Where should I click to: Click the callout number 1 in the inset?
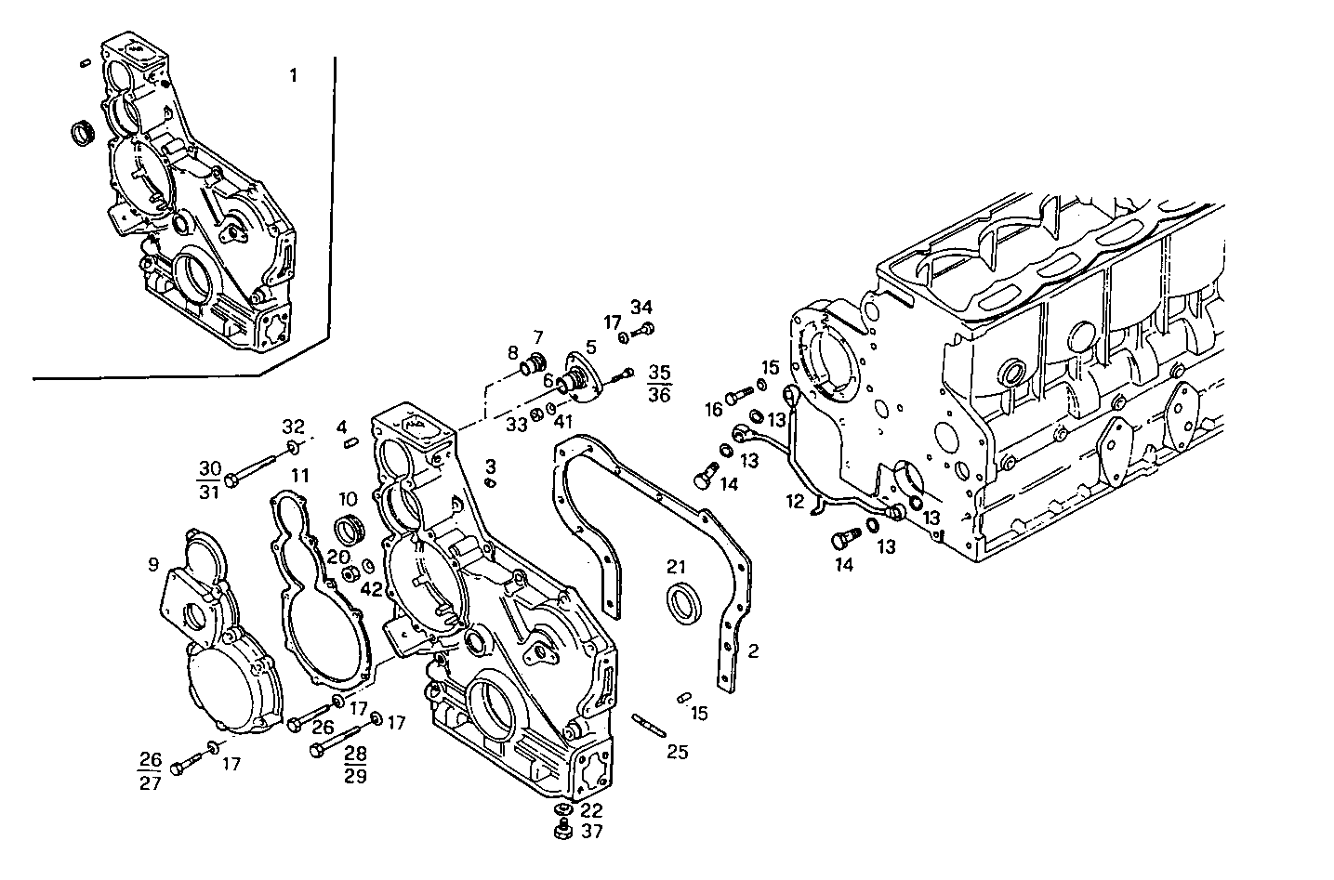point(293,75)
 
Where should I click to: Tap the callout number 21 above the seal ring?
point(676,567)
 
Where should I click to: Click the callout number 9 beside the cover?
point(152,564)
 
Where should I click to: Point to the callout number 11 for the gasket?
point(299,476)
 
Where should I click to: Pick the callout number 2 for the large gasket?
point(753,651)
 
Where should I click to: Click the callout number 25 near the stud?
point(678,752)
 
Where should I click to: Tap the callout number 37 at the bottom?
point(592,831)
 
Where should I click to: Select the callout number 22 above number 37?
point(592,810)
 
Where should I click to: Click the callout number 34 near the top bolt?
point(642,307)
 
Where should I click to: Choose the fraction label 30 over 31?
point(210,479)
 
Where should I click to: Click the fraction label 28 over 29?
point(355,764)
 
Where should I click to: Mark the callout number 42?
point(372,588)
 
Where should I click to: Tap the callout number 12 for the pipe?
point(794,502)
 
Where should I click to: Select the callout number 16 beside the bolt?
point(713,410)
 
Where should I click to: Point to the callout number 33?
point(517,425)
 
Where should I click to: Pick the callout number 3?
point(490,465)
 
